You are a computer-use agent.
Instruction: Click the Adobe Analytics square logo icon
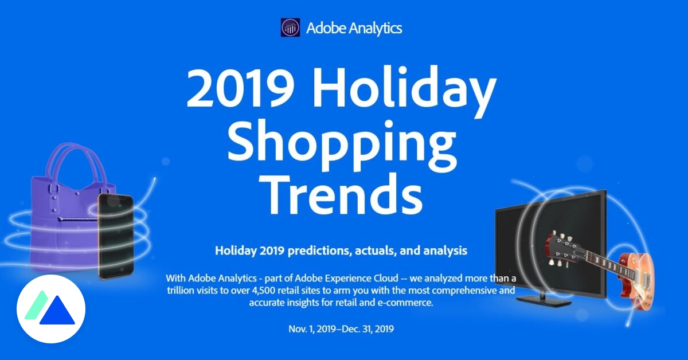click(x=290, y=28)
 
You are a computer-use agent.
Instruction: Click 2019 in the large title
click(x=240, y=88)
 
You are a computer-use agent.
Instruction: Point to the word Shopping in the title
click(x=342, y=143)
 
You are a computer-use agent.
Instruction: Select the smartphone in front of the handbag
click(x=115, y=237)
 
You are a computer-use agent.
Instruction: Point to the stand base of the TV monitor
click(x=544, y=301)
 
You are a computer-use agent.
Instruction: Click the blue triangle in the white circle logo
click(x=57, y=310)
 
